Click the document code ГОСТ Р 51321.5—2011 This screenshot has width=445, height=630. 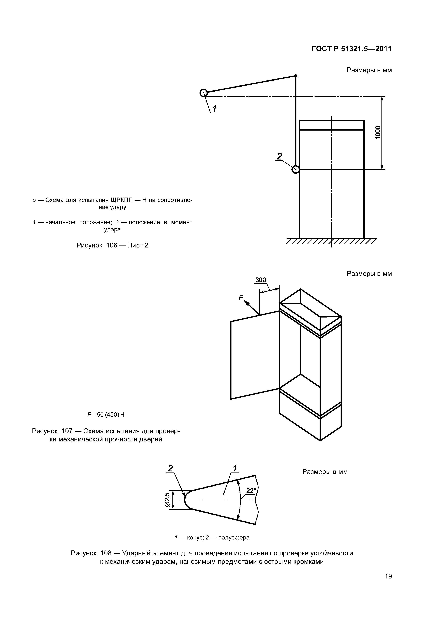point(352,49)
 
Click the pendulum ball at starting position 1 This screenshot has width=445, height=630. point(203,93)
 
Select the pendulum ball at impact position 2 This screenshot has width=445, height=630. point(295,170)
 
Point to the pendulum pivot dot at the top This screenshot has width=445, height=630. point(296,76)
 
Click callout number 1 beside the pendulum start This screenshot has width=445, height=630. point(214,109)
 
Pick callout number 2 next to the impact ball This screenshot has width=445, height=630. point(279,156)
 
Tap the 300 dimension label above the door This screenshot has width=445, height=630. point(261,280)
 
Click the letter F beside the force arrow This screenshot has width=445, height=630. point(241,298)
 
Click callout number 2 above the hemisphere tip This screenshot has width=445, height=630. point(170,468)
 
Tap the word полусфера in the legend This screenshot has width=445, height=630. point(234,538)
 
